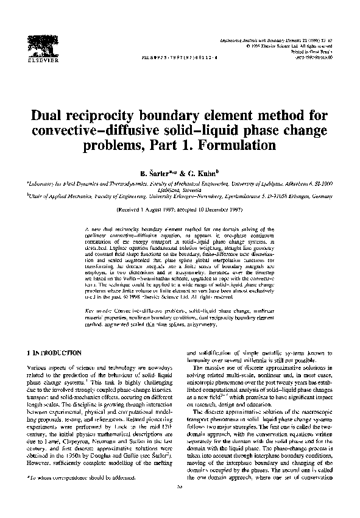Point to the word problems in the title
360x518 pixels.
(x=109, y=146)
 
